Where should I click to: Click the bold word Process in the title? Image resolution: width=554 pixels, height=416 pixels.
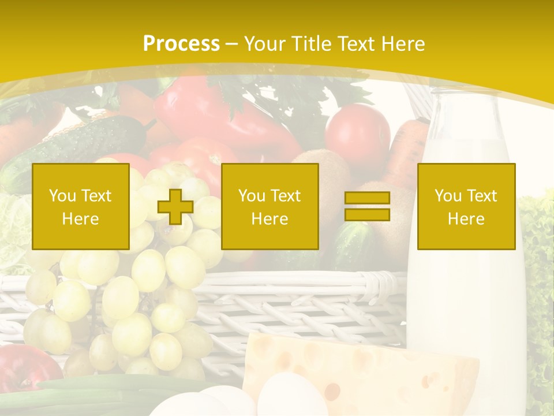click(x=181, y=44)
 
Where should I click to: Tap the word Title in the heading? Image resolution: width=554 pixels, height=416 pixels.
click(x=311, y=44)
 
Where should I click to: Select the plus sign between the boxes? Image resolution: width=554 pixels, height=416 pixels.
click(x=175, y=207)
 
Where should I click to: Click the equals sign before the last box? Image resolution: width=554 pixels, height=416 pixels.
click(x=367, y=206)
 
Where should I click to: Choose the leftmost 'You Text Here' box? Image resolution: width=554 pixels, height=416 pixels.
click(x=81, y=207)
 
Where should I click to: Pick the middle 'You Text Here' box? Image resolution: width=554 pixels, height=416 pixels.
click(x=270, y=207)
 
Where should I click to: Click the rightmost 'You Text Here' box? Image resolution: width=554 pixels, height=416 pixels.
click(x=466, y=207)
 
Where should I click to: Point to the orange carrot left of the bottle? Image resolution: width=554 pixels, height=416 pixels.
click(x=407, y=150)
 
